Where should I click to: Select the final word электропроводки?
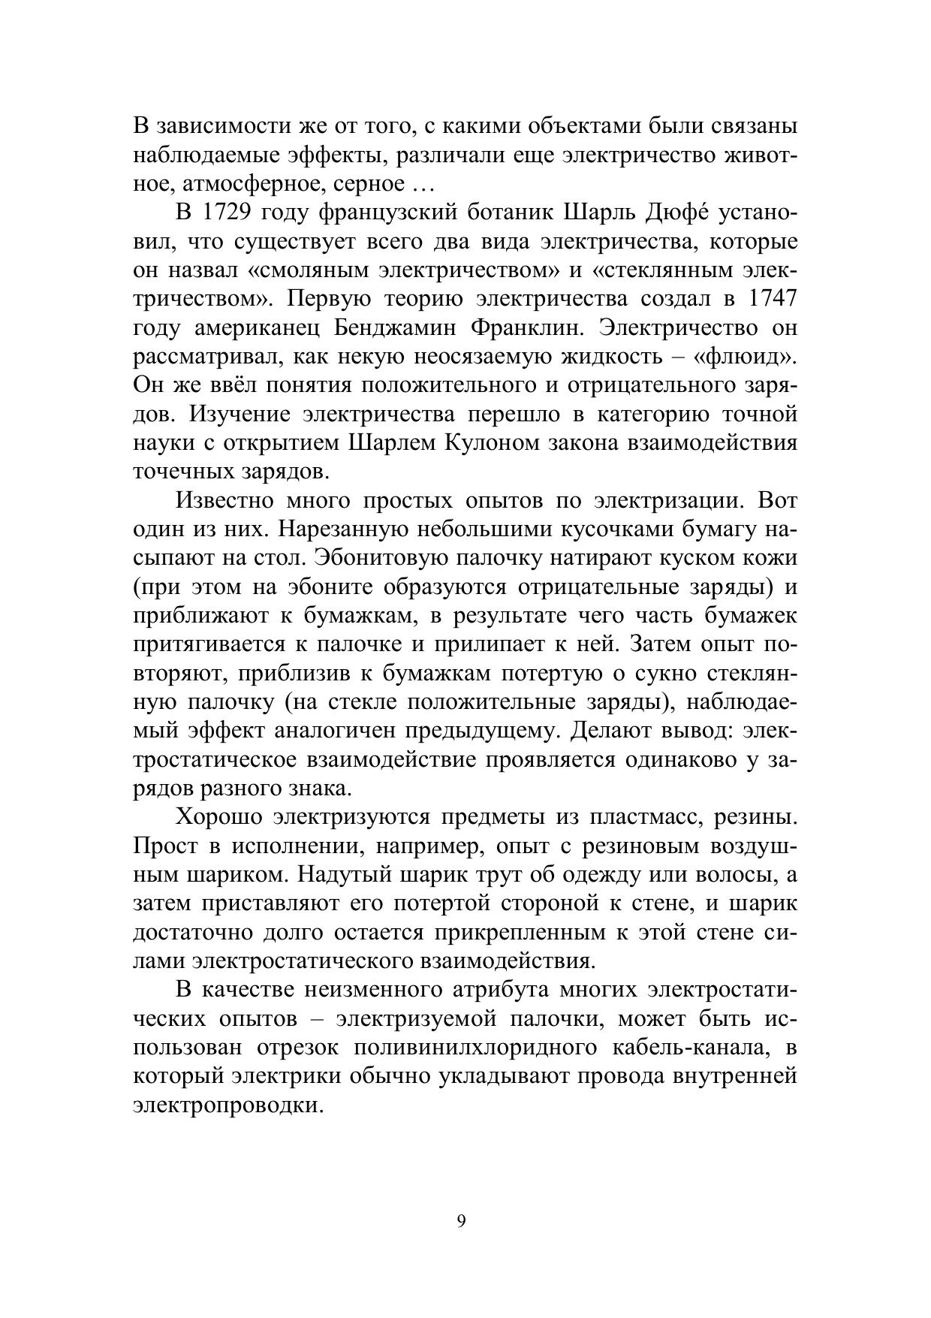(x=223, y=1105)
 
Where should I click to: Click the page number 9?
(x=461, y=1221)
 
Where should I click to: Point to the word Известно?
(x=223, y=501)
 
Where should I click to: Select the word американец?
(x=257, y=328)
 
